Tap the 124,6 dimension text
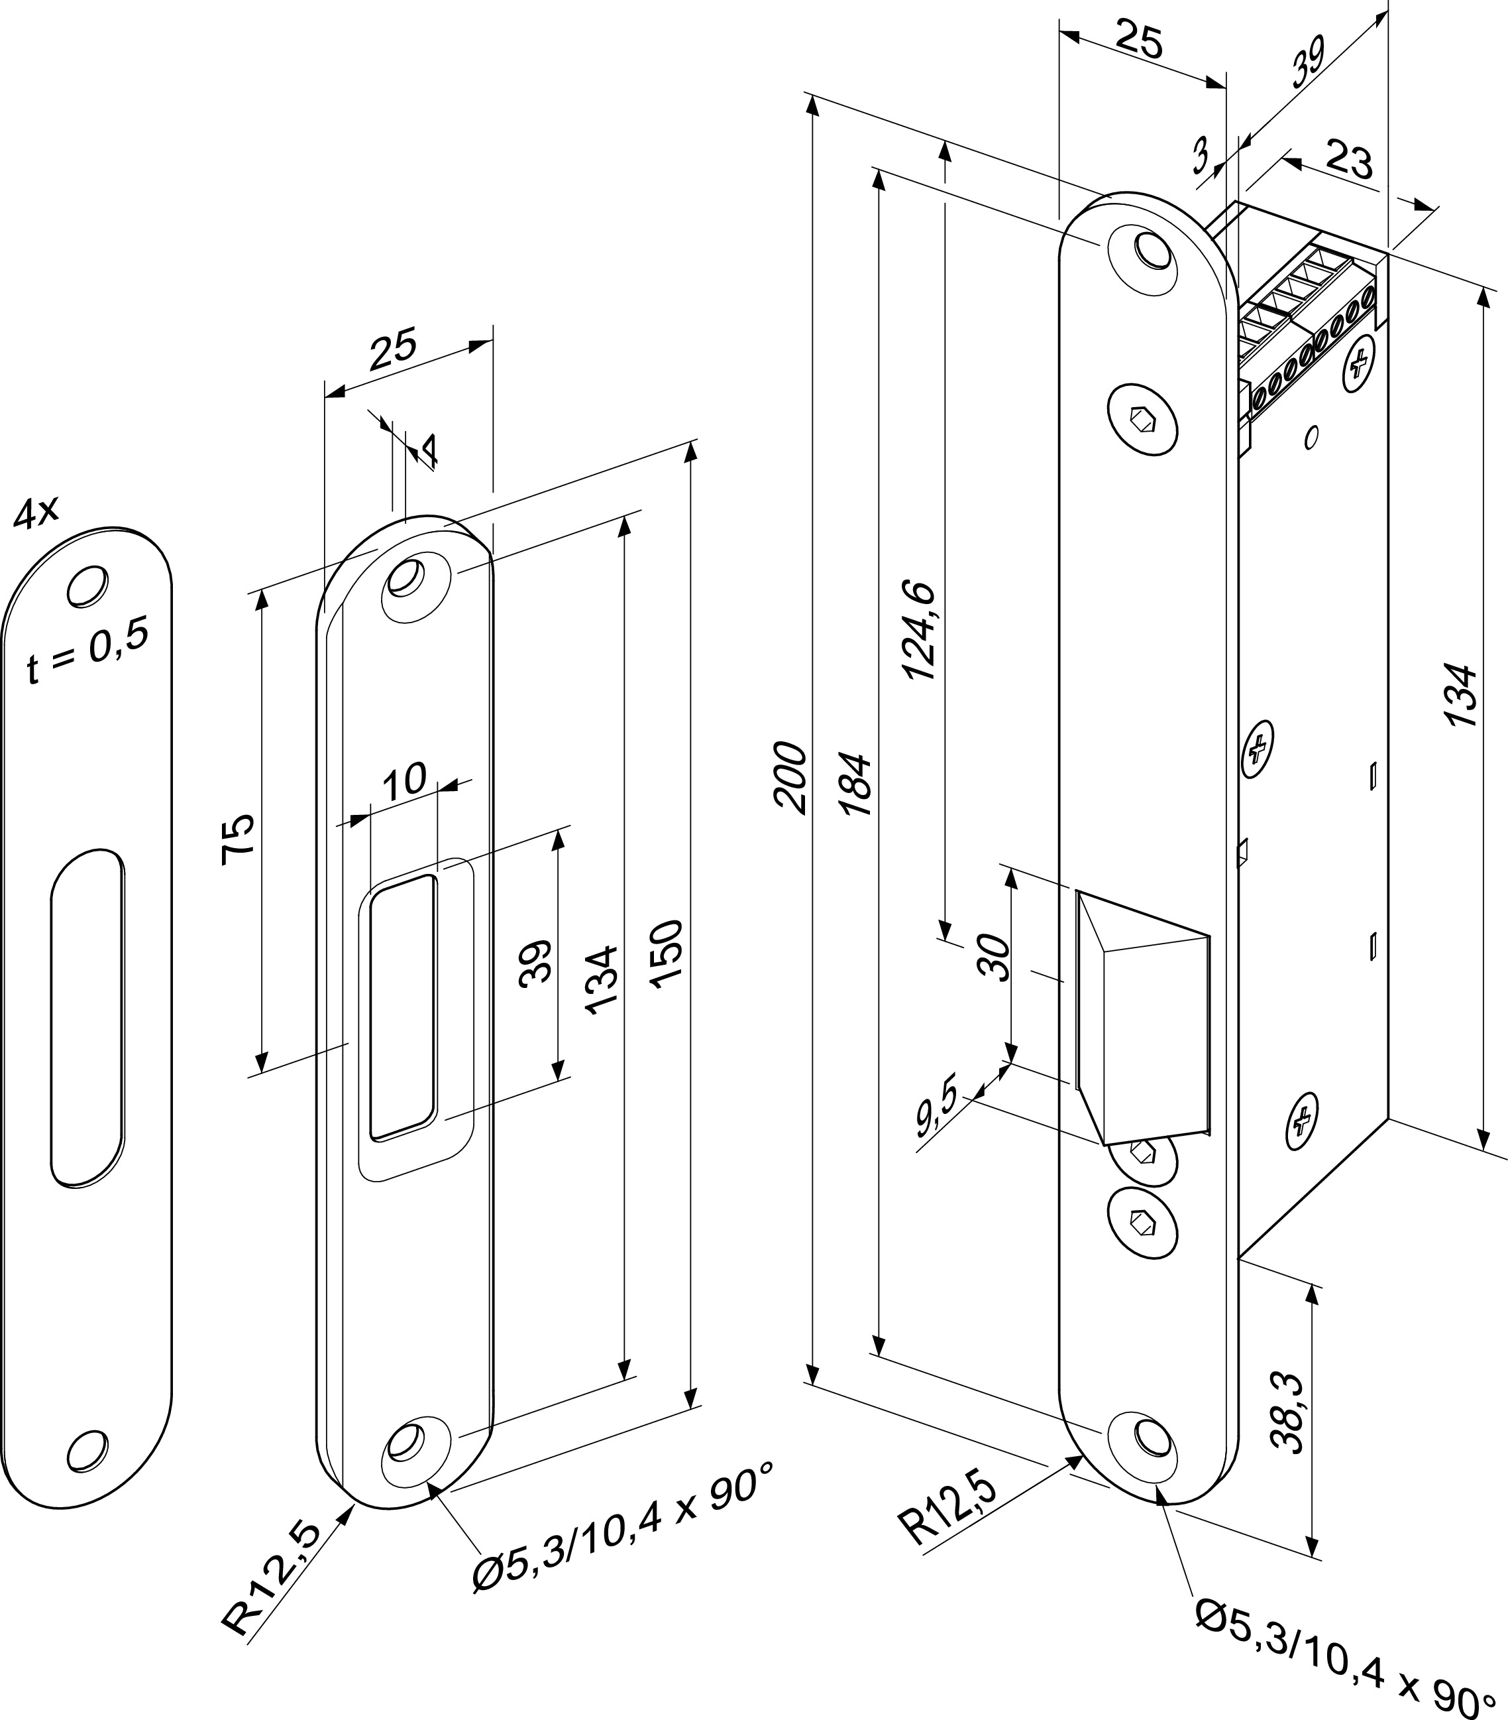tap(919, 629)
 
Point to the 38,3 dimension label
tap(1287, 1425)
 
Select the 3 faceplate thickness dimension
tap(1203, 156)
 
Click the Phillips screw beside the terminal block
tap(1358, 365)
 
